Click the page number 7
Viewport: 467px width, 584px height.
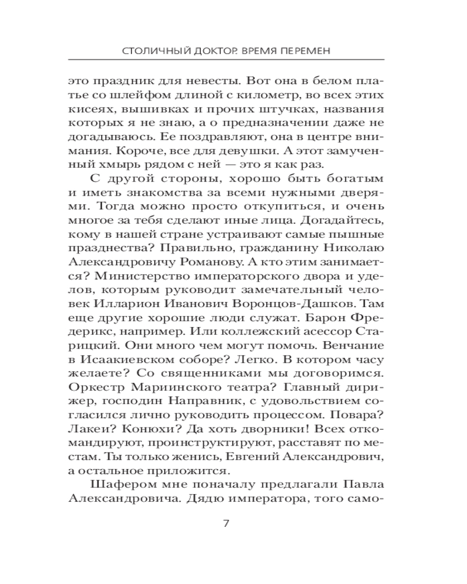click(x=226, y=523)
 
